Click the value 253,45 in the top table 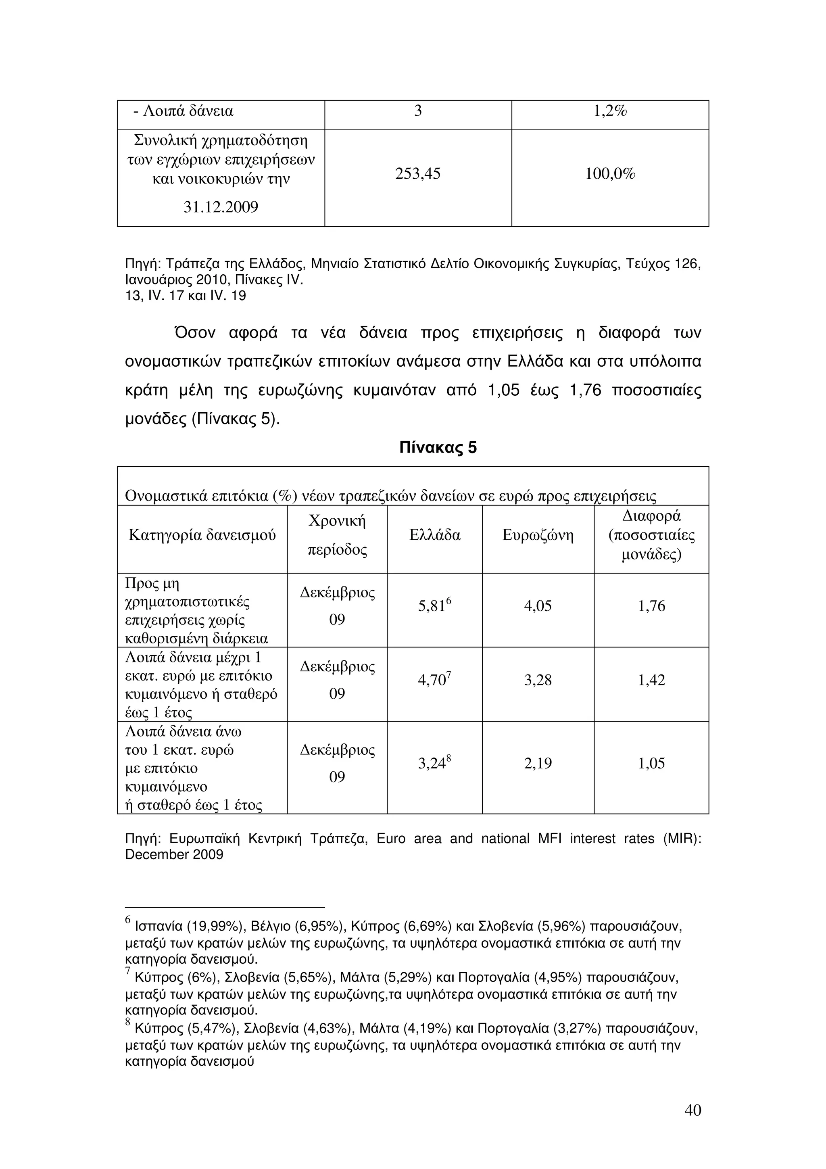click(417, 174)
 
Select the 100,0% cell click(610, 174)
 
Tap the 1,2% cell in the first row click(610, 111)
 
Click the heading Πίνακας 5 click(438, 447)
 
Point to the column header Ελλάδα click(435, 535)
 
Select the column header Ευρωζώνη click(538, 535)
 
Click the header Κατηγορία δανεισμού click(202, 535)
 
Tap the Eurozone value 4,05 click(538, 606)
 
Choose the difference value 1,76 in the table click(651, 606)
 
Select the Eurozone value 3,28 click(538, 680)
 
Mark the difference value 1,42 click(651, 680)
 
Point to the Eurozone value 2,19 click(538, 763)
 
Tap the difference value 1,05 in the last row click(651, 763)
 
